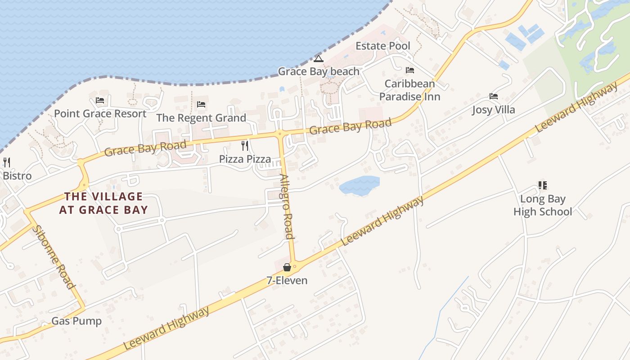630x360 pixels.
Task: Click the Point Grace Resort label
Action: click(x=100, y=113)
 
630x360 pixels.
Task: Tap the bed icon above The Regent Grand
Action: click(x=201, y=104)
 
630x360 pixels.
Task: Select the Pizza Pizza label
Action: click(x=245, y=159)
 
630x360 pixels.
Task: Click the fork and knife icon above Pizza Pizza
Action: click(x=245, y=145)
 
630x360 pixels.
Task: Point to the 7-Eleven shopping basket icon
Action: click(x=287, y=267)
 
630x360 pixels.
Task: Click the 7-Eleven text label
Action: click(x=287, y=280)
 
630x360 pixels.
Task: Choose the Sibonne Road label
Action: click(x=53, y=256)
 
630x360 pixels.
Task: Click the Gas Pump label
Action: click(x=76, y=321)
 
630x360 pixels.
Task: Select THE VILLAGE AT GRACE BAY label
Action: click(x=103, y=203)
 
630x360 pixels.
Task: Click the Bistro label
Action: click(x=17, y=175)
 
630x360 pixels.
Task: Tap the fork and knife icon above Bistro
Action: click(x=7, y=162)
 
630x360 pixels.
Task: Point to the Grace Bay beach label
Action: click(x=319, y=71)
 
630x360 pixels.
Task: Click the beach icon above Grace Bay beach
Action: click(x=319, y=58)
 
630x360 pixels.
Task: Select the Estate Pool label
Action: click(x=383, y=46)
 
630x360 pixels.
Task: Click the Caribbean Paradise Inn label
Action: click(x=409, y=90)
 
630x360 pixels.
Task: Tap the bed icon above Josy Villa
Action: click(x=494, y=96)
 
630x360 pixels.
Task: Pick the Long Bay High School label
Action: click(x=543, y=205)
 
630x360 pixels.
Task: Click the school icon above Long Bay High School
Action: click(x=542, y=185)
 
